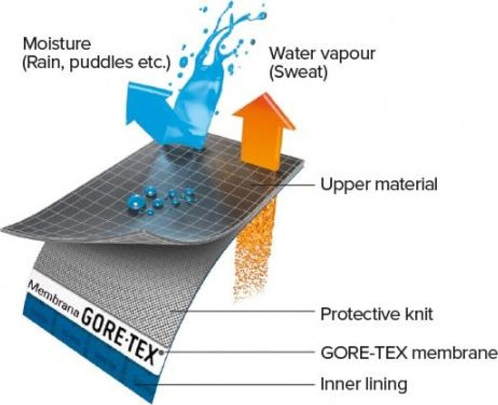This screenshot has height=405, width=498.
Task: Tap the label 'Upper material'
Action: (379, 185)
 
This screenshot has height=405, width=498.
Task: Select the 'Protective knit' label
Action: (376, 314)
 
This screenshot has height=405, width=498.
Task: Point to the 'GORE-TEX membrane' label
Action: (409, 352)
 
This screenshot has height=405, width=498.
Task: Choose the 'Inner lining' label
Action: (363, 384)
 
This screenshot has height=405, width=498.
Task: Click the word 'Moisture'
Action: (57, 44)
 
